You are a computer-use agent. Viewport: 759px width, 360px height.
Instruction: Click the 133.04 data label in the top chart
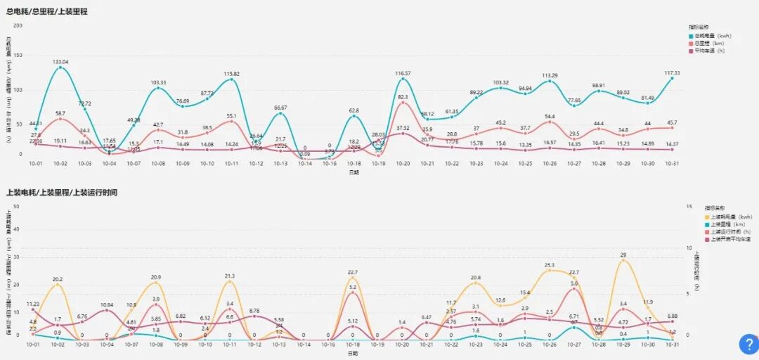tap(60, 62)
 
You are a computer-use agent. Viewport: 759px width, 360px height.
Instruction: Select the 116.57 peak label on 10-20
tap(403, 73)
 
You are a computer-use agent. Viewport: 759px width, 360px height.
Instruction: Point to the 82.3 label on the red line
tap(403, 97)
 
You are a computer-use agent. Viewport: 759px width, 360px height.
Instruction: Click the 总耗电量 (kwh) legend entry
tap(713, 35)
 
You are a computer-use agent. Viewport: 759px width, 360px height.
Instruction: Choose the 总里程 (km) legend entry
tap(711, 43)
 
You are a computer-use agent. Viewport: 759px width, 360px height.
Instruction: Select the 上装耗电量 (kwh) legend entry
tap(727, 217)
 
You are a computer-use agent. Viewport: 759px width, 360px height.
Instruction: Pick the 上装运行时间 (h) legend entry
tap(729, 232)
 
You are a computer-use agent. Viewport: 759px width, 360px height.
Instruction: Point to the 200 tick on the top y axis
tap(18, 25)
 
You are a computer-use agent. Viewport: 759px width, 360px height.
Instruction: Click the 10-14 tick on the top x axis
tap(304, 163)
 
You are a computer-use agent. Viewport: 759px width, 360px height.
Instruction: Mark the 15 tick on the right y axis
tap(691, 207)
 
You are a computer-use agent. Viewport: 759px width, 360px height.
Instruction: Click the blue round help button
tap(747, 345)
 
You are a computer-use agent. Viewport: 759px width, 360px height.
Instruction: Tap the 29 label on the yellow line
tap(623, 255)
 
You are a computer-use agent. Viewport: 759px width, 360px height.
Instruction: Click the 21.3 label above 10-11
tap(230, 276)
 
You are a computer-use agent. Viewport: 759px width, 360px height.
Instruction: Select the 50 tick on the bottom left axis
tap(15, 207)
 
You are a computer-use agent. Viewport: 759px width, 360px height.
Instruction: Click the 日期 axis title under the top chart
tap(353, 172)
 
